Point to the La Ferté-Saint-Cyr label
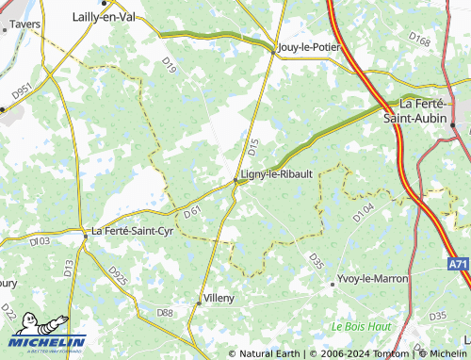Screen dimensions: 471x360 (131, 230)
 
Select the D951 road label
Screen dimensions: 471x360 (23, 93)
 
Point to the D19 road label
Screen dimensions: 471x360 (170, 64)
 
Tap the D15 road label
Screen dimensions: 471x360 (252, 147)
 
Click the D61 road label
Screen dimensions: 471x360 (192, 213)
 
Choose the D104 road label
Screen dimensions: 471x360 (364, 212)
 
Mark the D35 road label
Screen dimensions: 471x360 (316, 260)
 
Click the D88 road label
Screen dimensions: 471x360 (166, 312)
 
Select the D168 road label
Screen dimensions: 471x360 (420, 40)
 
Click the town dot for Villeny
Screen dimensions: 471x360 (199, 302)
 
